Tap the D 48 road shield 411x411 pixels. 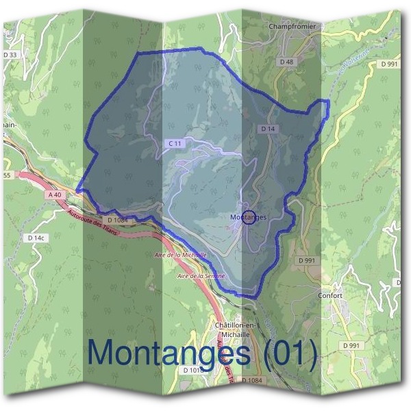click(x=286, y=62)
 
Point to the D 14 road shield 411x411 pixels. click(x=267, y=129)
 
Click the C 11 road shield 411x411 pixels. click(x=175, y=143)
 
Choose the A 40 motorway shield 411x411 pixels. click(x=55, y=195)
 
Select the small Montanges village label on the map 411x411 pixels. click(x=248, y=217)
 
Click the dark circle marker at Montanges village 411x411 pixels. click(x=249, y=216)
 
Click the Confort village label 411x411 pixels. click(x=331, y=296)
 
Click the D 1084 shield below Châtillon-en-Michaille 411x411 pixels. click(x=251, y=380)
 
